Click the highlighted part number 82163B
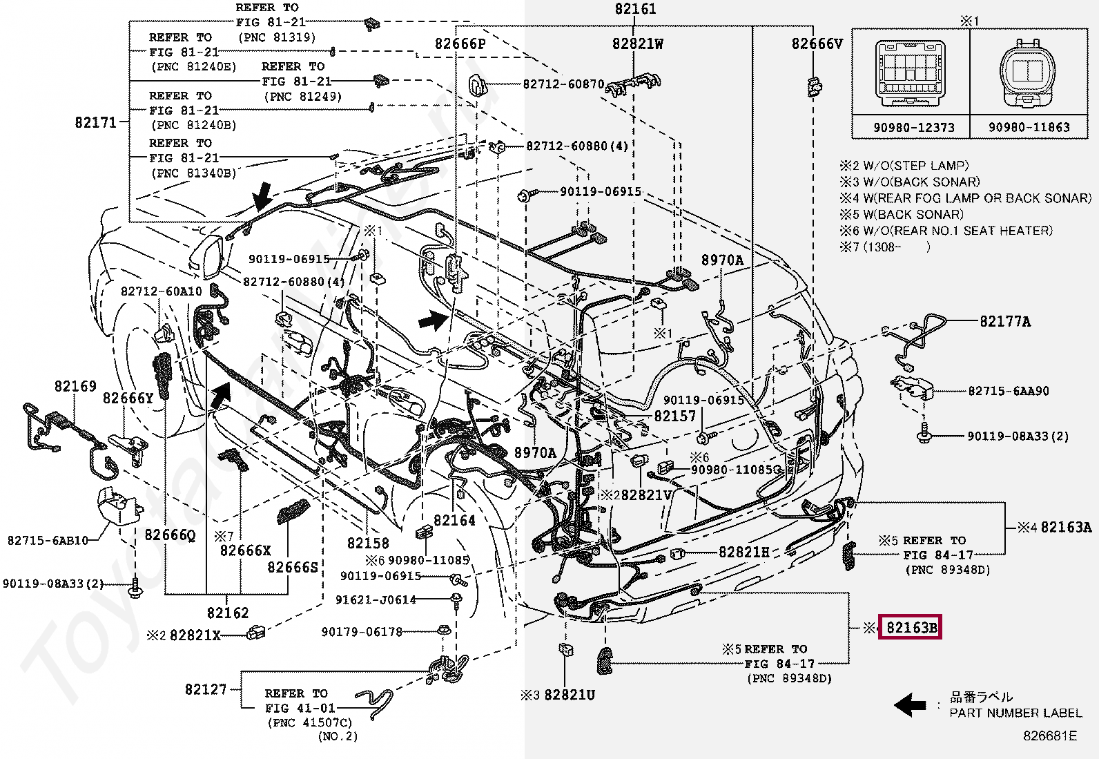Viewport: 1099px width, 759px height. (x=911, y=628)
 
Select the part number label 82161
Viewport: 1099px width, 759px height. (x=635, y=9)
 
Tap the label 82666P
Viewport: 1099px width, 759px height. (x=460, y=44)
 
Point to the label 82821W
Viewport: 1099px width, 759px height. (x=638, y=44)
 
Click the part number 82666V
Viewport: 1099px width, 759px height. (x=817, y=44)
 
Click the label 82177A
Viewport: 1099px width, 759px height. (x=1005, y=321)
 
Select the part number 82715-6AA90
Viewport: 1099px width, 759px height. (x=1008, y=391)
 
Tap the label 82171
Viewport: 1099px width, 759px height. (x=95, y=123)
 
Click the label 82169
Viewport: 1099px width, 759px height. (x=75, y=386)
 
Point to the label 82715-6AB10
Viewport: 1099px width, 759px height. (x=48, y=540)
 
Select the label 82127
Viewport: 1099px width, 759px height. (x=206, y=689)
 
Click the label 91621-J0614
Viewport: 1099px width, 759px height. (x=376, y=599)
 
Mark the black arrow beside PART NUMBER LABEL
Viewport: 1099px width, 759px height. (x=909, y=704)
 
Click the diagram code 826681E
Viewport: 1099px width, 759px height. (x=1049, y=736)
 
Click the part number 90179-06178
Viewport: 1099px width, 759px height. (x=362, y=631)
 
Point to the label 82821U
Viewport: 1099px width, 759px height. (x=570, y=695)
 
